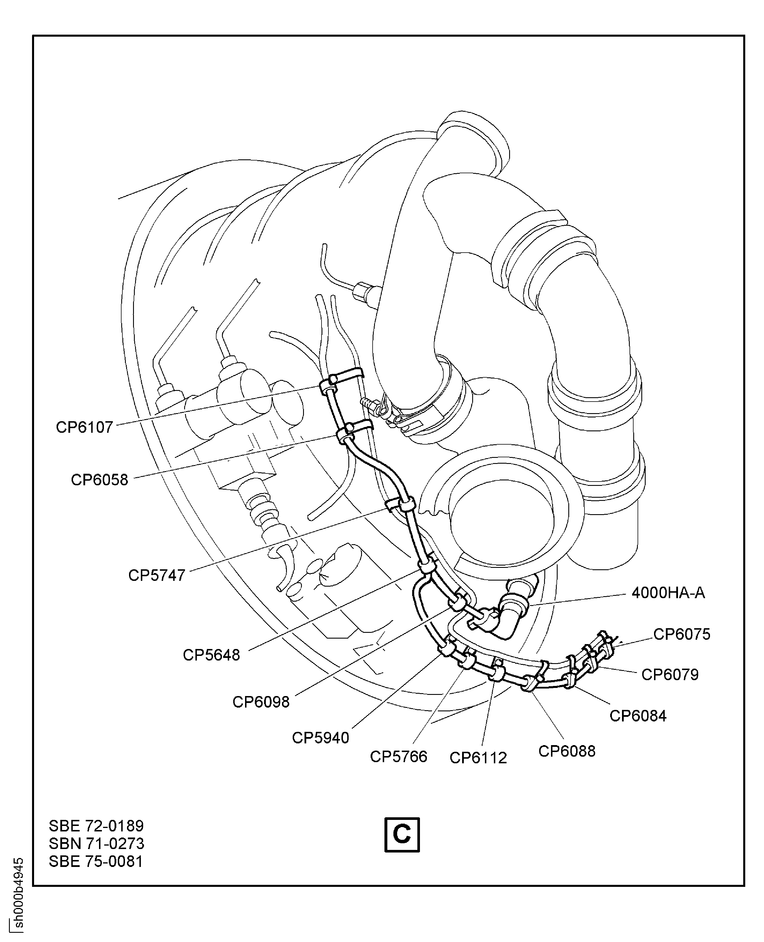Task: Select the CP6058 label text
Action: pyautogui.click(x=100, y=479)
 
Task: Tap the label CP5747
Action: pyautogui.click(x=157, y=575)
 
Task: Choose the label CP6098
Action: pyautogui.click(x=261, y=702)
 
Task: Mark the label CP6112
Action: pyautogui.click(x=478, y=758)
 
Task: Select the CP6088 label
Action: pyautogui.click(x=567, y=751)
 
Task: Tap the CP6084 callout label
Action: pyautogui.click(x=638, y=716)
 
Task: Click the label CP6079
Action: pyautogui.click(x=670, y=674)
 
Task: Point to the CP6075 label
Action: pyautogui.click(x=682, y=634)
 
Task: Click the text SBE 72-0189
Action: pyautogui.click(x=96, y=826)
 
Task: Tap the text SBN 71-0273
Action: pyautogui.click(x=96, y=843)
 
